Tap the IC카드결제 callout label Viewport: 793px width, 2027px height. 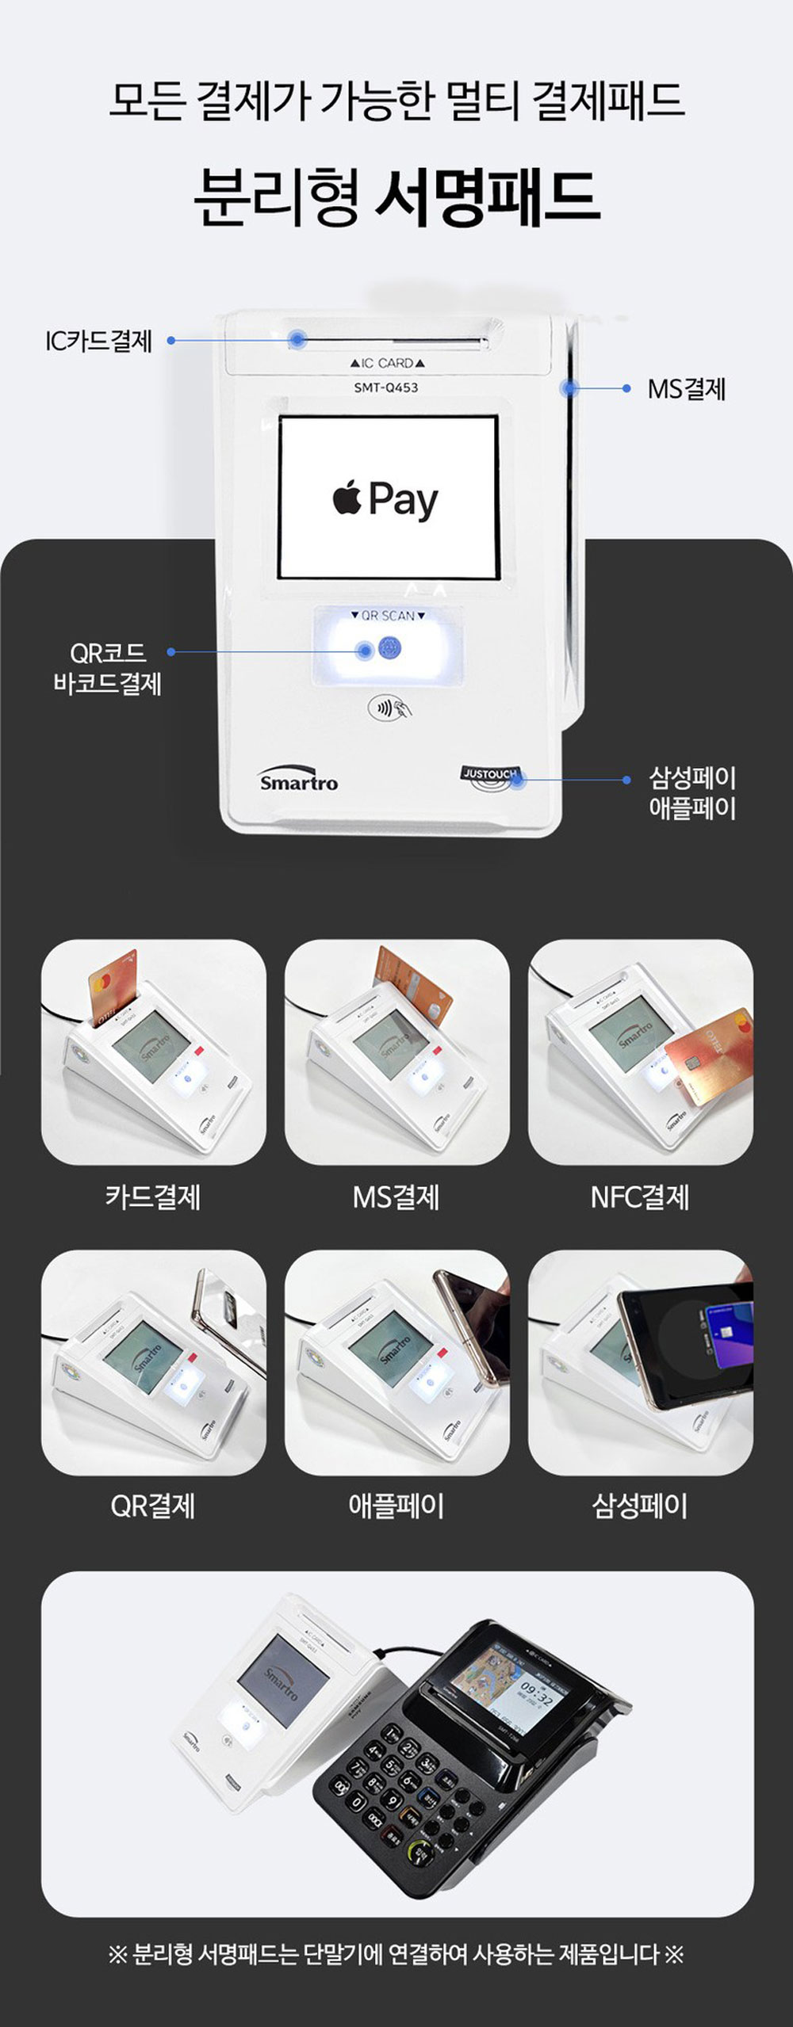tap(98, 341)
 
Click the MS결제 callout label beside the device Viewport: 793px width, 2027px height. tap(687, 389)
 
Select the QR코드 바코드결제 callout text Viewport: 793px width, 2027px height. tap(107, 668)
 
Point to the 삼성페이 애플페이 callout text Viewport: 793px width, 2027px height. tap(692, 793)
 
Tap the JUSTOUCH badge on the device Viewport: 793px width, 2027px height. tap(489, 774)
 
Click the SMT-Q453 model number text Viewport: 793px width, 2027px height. tap(385, 387)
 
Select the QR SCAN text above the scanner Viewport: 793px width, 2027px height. tap(388, 616)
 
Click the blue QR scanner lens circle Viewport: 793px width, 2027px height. tap(389, 648)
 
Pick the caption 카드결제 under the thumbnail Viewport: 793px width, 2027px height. tap(153, 1196)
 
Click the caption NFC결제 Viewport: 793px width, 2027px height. tap(640, 1196)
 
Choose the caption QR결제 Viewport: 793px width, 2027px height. tap(153, 1505)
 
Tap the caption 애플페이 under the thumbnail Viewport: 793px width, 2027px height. tap(396, 1505)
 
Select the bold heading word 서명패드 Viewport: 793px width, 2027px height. tap(486, 196)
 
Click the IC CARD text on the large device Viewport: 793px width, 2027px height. tap(388, 363)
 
